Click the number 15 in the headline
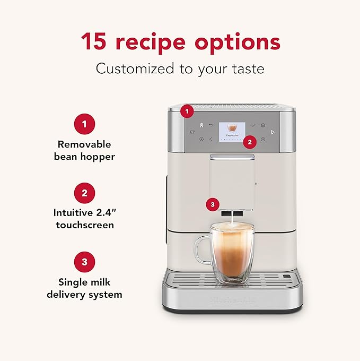coord(94,41)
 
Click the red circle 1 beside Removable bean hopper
coord(85,125)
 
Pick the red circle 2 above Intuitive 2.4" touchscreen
coord(85,193)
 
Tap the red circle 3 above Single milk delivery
coord(85,262)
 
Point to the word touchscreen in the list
coord(84,225)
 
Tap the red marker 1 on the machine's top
coord(186,111)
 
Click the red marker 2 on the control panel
coord(251,141)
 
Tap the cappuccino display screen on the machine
coord(232,129)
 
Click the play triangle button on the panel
coord(273,132)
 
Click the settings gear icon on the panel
coord(263,125)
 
